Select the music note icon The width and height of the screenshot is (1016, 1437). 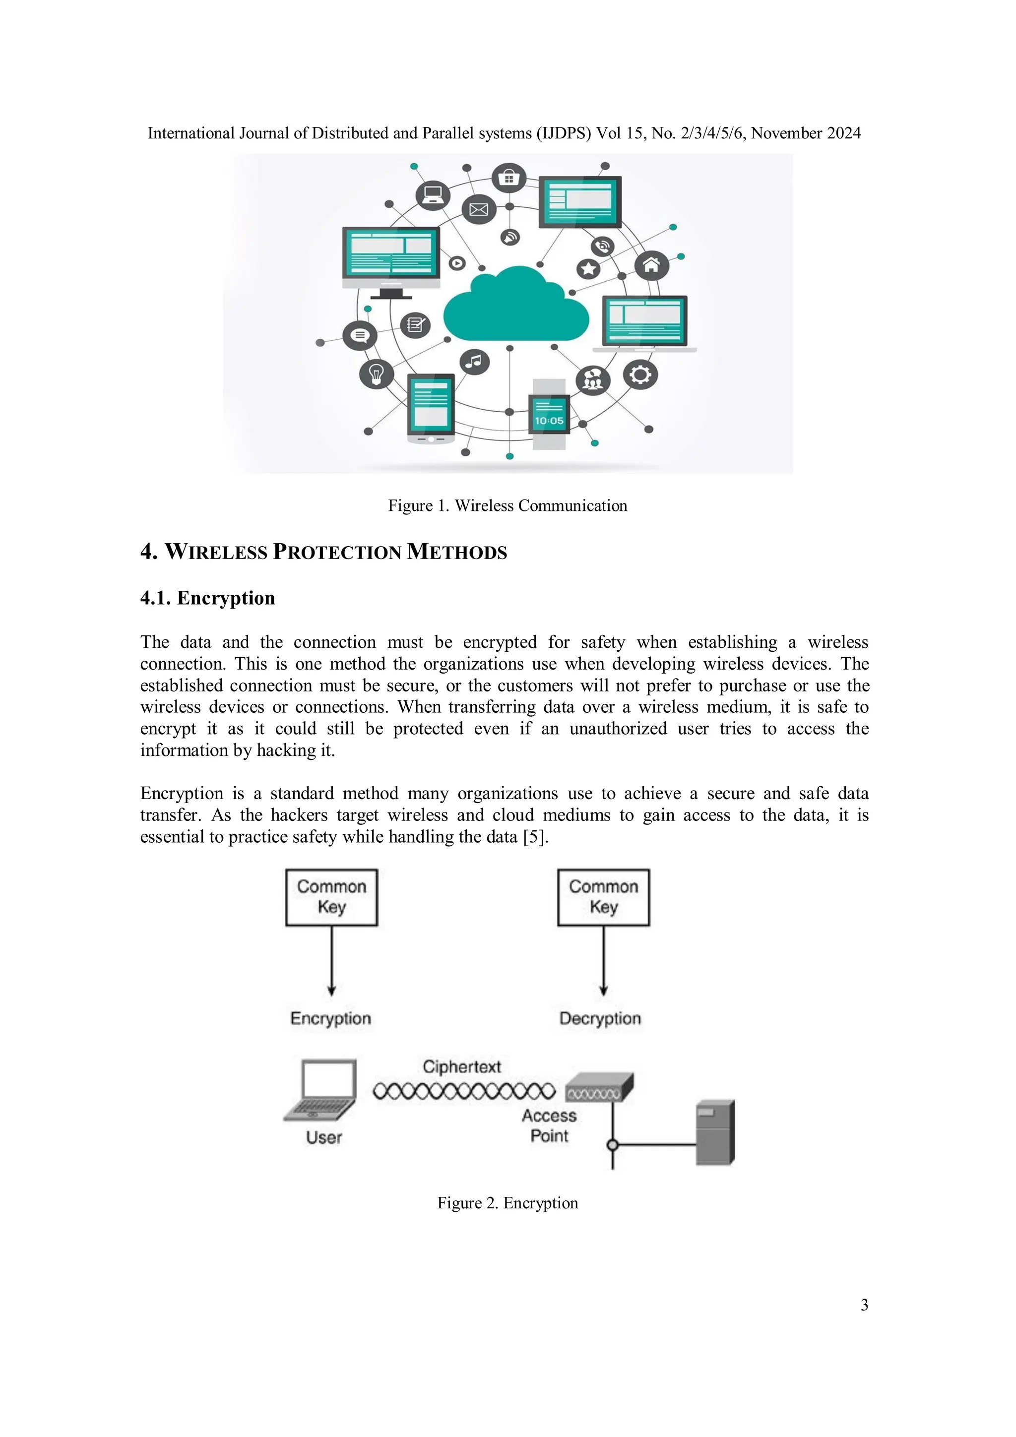tap(474, 361)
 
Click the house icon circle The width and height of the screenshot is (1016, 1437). tap(651, 265)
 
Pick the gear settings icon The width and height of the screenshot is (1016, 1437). tap(640, 375)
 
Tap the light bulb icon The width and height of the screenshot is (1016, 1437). tap(376, 375)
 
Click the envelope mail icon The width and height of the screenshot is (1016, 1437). tap(478, 210)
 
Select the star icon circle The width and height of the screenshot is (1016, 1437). tap(588, 269)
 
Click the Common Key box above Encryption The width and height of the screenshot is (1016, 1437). tap(331, 897)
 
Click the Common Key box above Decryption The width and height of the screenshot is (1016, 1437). tap(603, 897)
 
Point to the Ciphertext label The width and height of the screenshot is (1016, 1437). tap(461, 1066)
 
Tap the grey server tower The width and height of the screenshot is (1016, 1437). tap(715, 1133)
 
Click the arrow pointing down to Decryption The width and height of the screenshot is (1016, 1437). tap(603, 964)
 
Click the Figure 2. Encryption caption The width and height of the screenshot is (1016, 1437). tap(507, 1203)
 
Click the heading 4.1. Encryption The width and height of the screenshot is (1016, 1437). tap(207, 598)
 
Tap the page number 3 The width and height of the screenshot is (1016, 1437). tap(864, 1305)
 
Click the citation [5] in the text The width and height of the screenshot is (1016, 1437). tap(534, 837)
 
